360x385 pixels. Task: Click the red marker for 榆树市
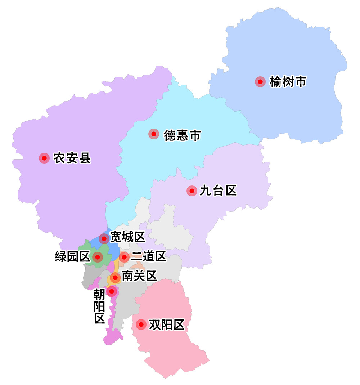tap(260, 82)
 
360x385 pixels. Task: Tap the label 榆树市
tap(288, 82)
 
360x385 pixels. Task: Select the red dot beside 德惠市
tap(154, 134)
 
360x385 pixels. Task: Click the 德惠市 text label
tap(182, 135)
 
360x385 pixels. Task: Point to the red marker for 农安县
tap(44, 158)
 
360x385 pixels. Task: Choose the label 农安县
tap(72, 158)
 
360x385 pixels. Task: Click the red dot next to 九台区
tap(192, 191)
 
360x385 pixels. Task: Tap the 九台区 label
tap(218, 191)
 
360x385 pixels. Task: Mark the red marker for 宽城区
tap(104, 238)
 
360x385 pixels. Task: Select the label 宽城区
tap(127, 237)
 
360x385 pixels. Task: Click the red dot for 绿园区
tap(97, 257)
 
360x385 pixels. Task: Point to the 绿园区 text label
tap(72, 257)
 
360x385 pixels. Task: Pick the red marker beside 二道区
tap(124, 257)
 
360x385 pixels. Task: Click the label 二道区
tap(148, 256)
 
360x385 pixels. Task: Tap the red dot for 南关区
tap(115, 277)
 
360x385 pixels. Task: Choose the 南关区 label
tap(139, 277)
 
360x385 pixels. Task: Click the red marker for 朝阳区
tap(112, 291)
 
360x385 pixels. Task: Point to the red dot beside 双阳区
tap(141, 325)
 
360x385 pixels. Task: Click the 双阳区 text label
tap(166, 325)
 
